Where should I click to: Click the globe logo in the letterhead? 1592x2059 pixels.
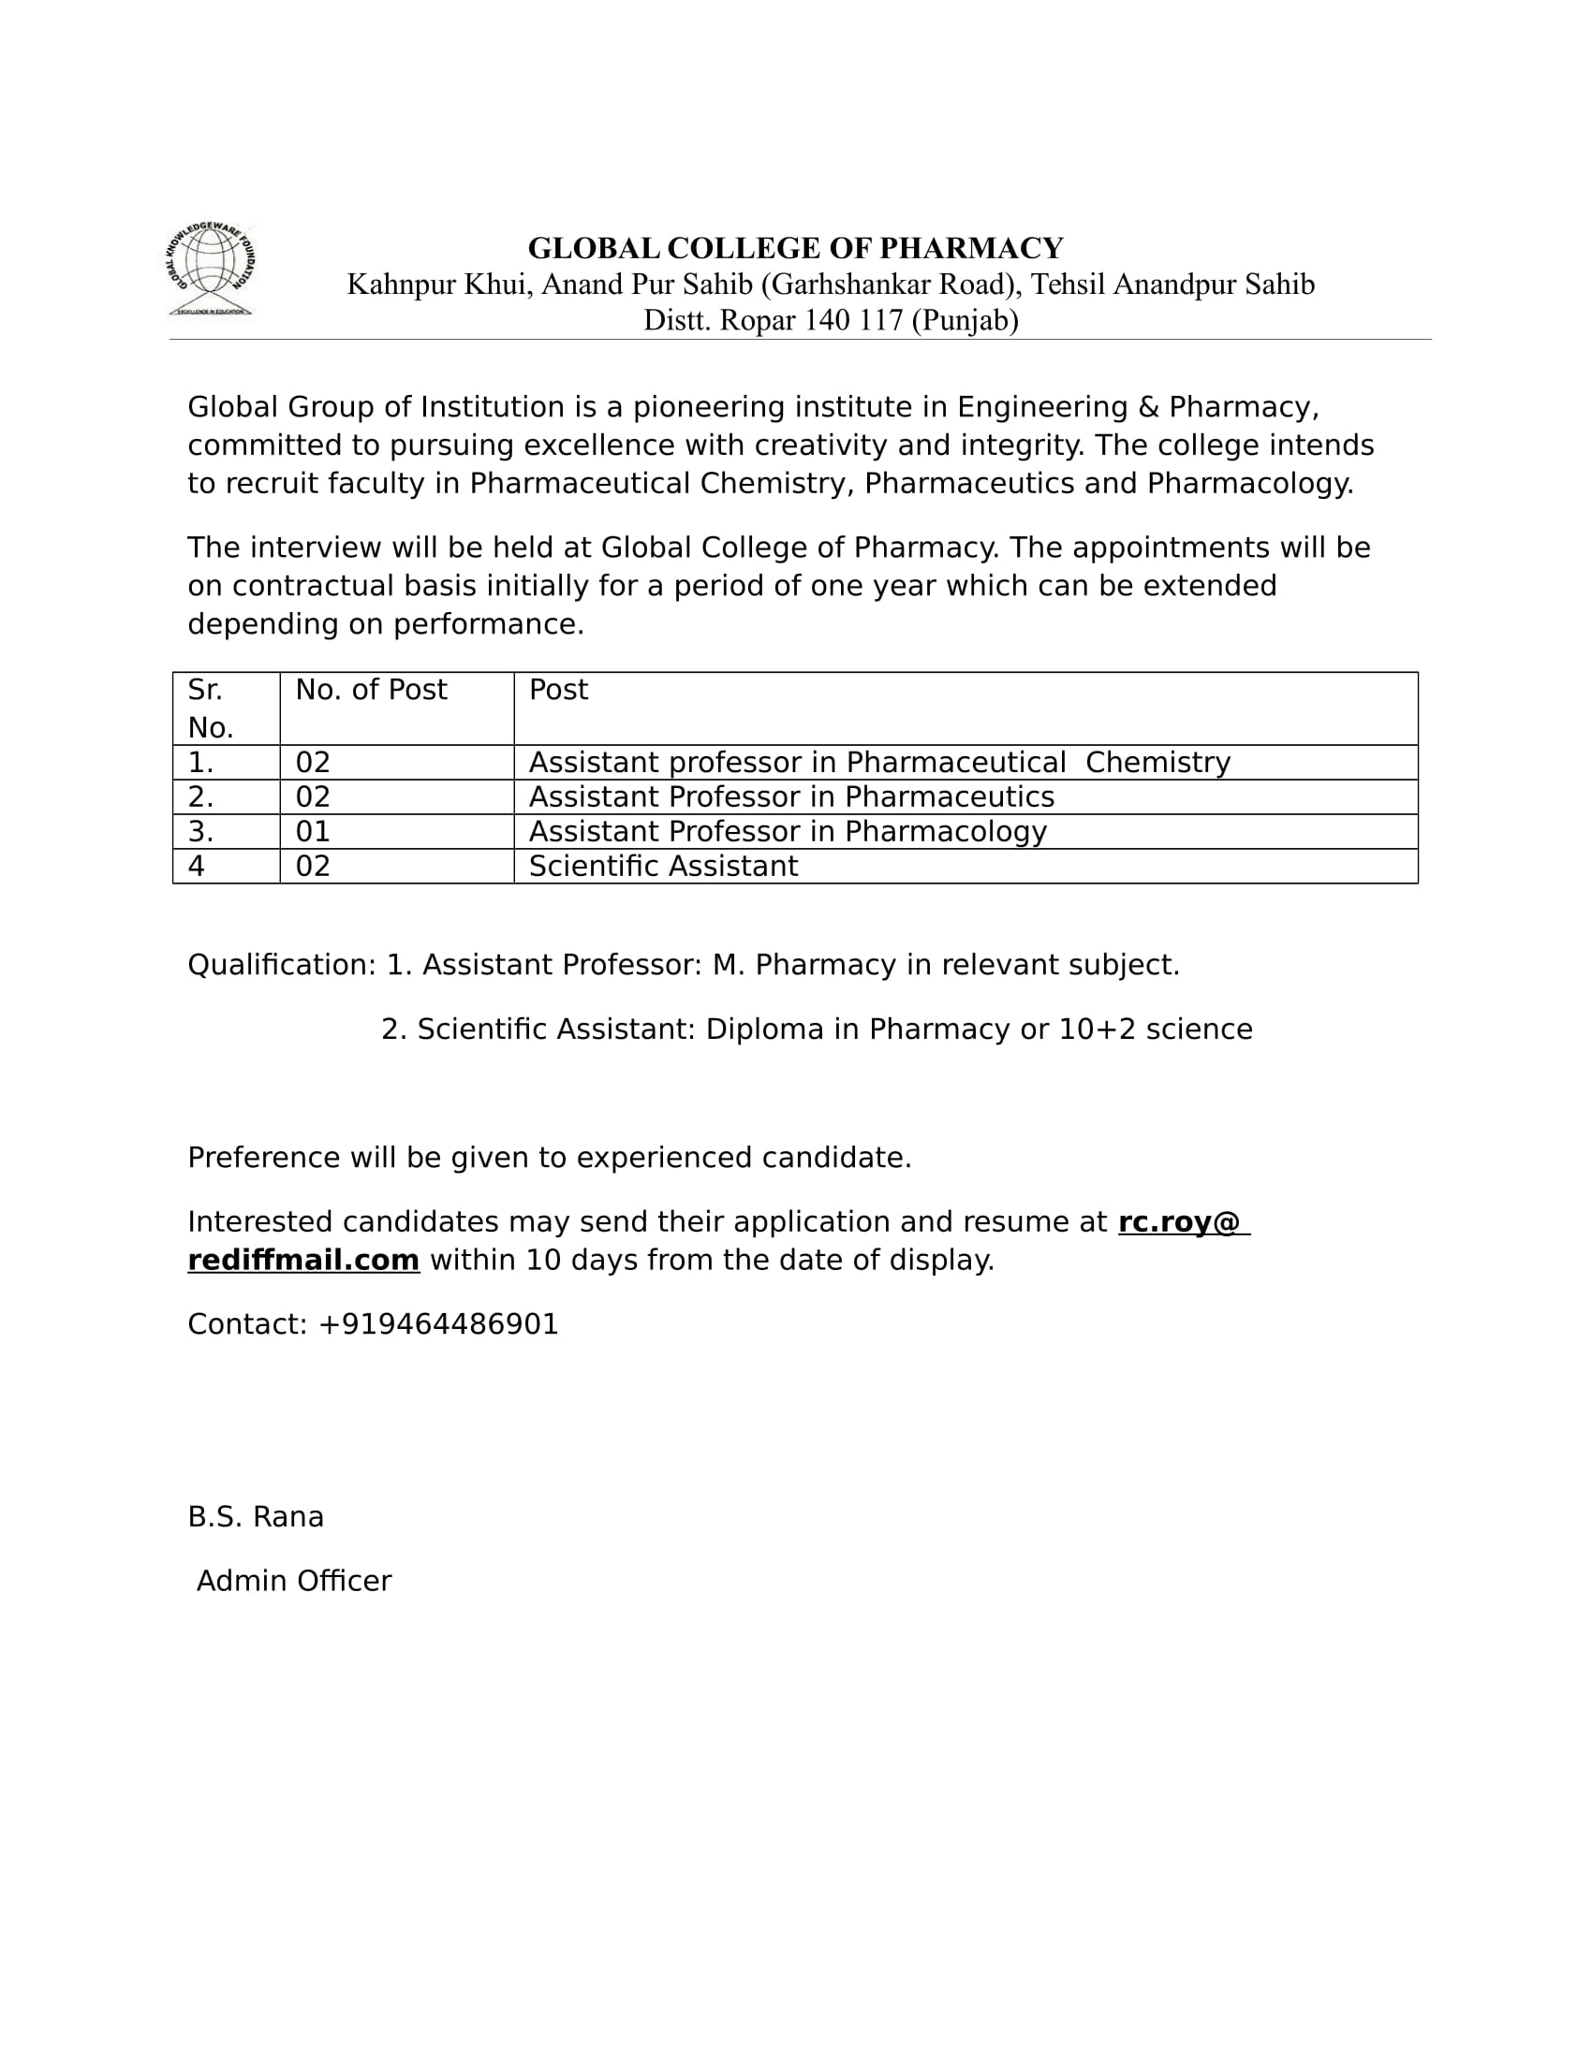211,270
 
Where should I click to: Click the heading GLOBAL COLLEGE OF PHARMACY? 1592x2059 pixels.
795,248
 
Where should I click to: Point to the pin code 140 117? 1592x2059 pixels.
852,320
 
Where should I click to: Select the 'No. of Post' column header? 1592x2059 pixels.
371,690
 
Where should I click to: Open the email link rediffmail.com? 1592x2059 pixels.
303,1261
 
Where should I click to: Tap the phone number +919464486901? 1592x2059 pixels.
438,1324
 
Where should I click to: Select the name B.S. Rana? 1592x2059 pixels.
256,1517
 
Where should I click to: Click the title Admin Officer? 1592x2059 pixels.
293,1581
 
